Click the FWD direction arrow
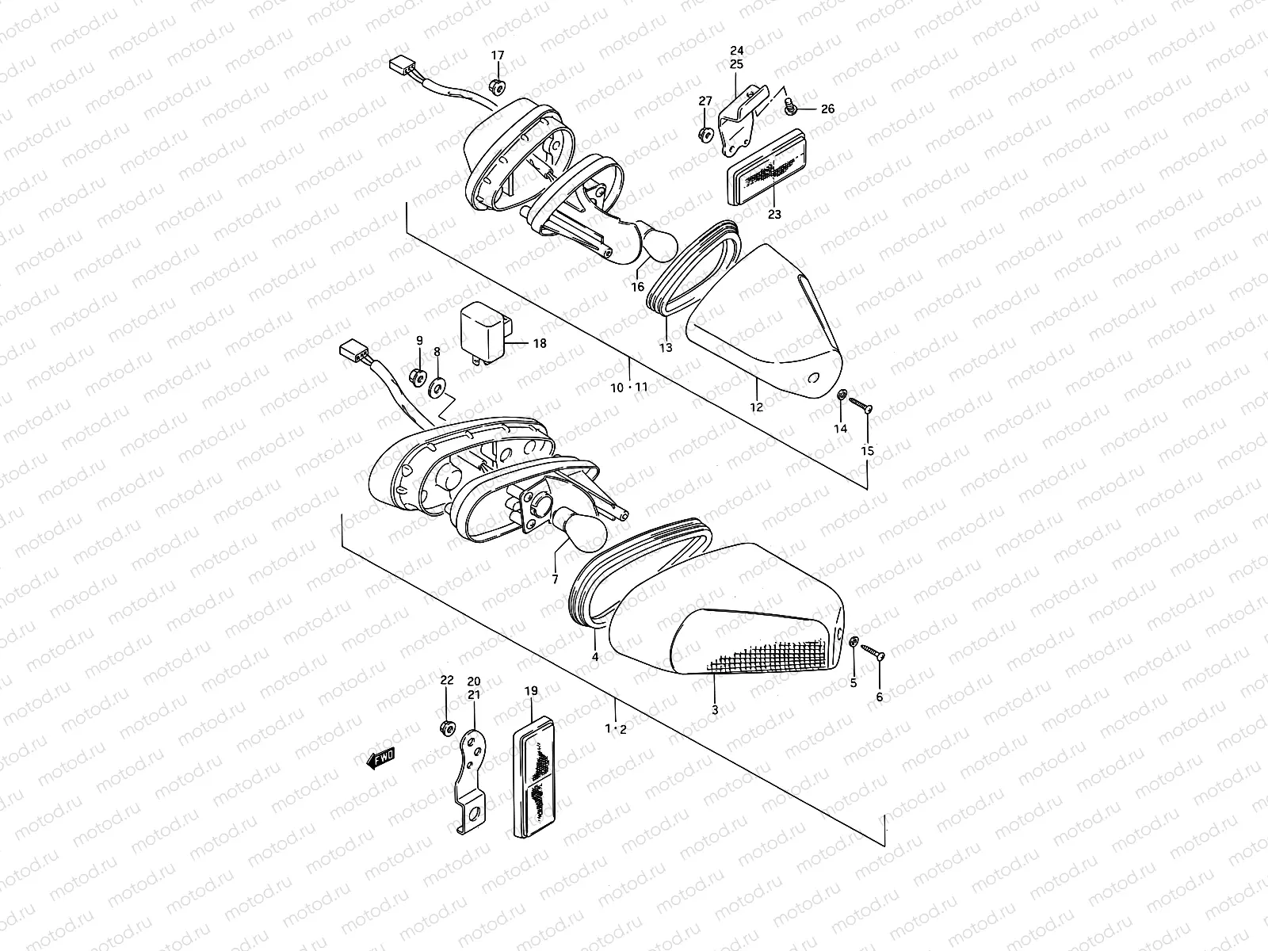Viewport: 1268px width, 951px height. pos(380,758)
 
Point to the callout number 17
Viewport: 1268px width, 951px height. pos(497,55)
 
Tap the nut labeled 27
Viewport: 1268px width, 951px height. pos(705,134)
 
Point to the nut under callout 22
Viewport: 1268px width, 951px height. pos(446,727)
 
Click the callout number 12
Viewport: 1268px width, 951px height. pos(757,407)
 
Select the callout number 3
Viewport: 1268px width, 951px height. pos(715,710)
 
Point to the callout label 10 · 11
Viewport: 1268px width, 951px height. pos(630,387)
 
